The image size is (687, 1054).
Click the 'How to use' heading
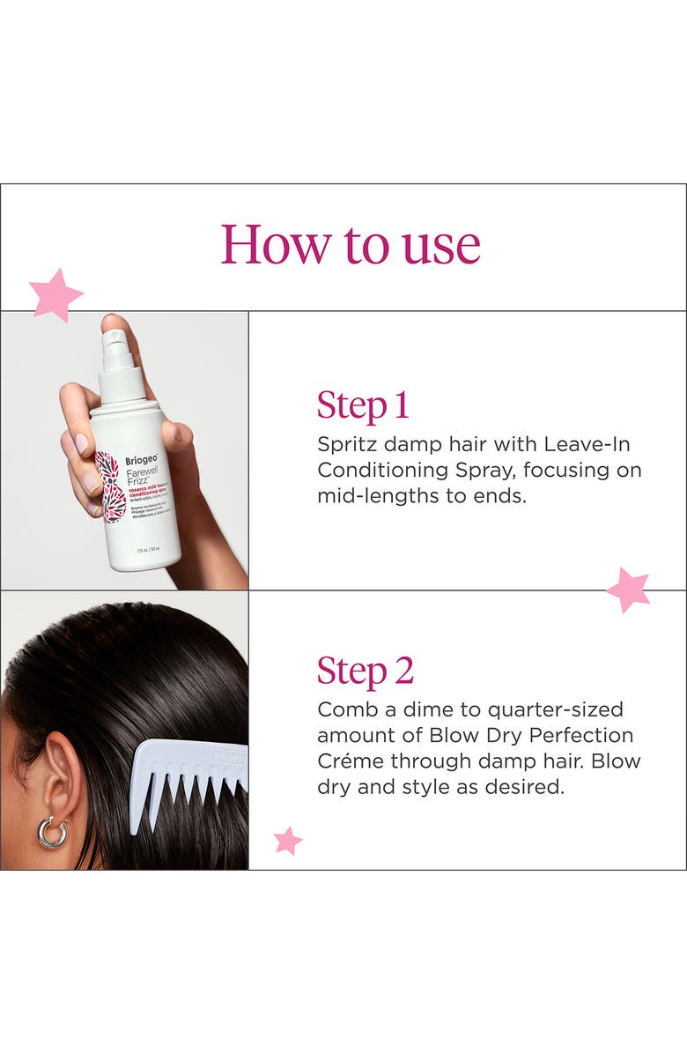tap(351, 245)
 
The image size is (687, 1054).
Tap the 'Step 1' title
tap(363, 405)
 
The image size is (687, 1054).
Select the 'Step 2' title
tap(365, 671)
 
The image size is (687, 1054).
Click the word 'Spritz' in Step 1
tap(346, 445)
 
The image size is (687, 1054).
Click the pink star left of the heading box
tap(55, 293)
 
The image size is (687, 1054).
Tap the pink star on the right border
tap(629, 590)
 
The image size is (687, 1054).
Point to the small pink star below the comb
tap(287, 841)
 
